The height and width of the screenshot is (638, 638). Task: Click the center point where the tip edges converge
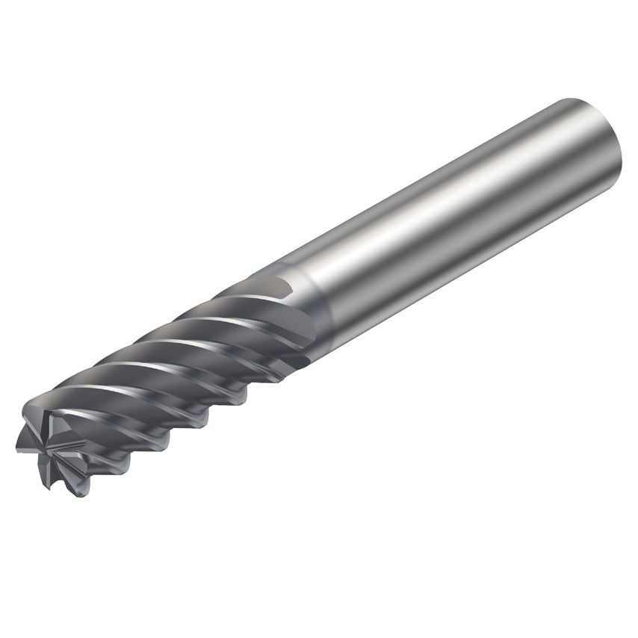click(53, 447)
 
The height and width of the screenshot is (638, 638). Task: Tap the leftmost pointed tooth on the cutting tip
click(19, 448)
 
